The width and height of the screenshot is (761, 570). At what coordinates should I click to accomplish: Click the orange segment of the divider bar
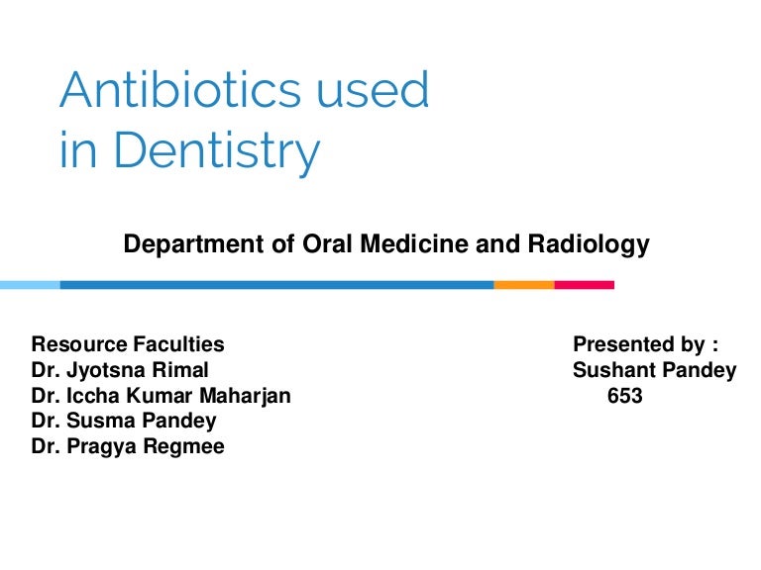(x=523, y=285)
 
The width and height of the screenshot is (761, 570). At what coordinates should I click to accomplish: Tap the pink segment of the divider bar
(x=584, y=285)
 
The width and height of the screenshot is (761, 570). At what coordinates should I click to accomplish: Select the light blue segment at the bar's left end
(x=30, y=285)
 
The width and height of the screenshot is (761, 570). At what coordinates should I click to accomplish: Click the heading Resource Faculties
(x=128, y=345)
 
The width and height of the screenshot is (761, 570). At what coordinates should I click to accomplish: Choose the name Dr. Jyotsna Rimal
(x=120, y=371)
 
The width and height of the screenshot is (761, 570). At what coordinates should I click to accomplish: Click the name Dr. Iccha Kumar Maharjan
(x=161, y=397)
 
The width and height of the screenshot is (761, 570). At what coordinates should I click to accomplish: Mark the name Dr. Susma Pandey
(x=123, y=422)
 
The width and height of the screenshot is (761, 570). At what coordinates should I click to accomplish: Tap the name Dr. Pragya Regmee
(x=128, y=447)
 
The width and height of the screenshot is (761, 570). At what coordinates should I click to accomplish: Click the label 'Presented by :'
(x=645, y=345)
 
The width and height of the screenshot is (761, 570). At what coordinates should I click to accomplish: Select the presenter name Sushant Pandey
(x=654, y=371)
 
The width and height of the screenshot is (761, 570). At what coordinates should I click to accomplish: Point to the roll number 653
(x=624, y=397)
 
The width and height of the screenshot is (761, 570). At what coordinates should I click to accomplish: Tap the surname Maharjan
(x=247, y=397)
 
